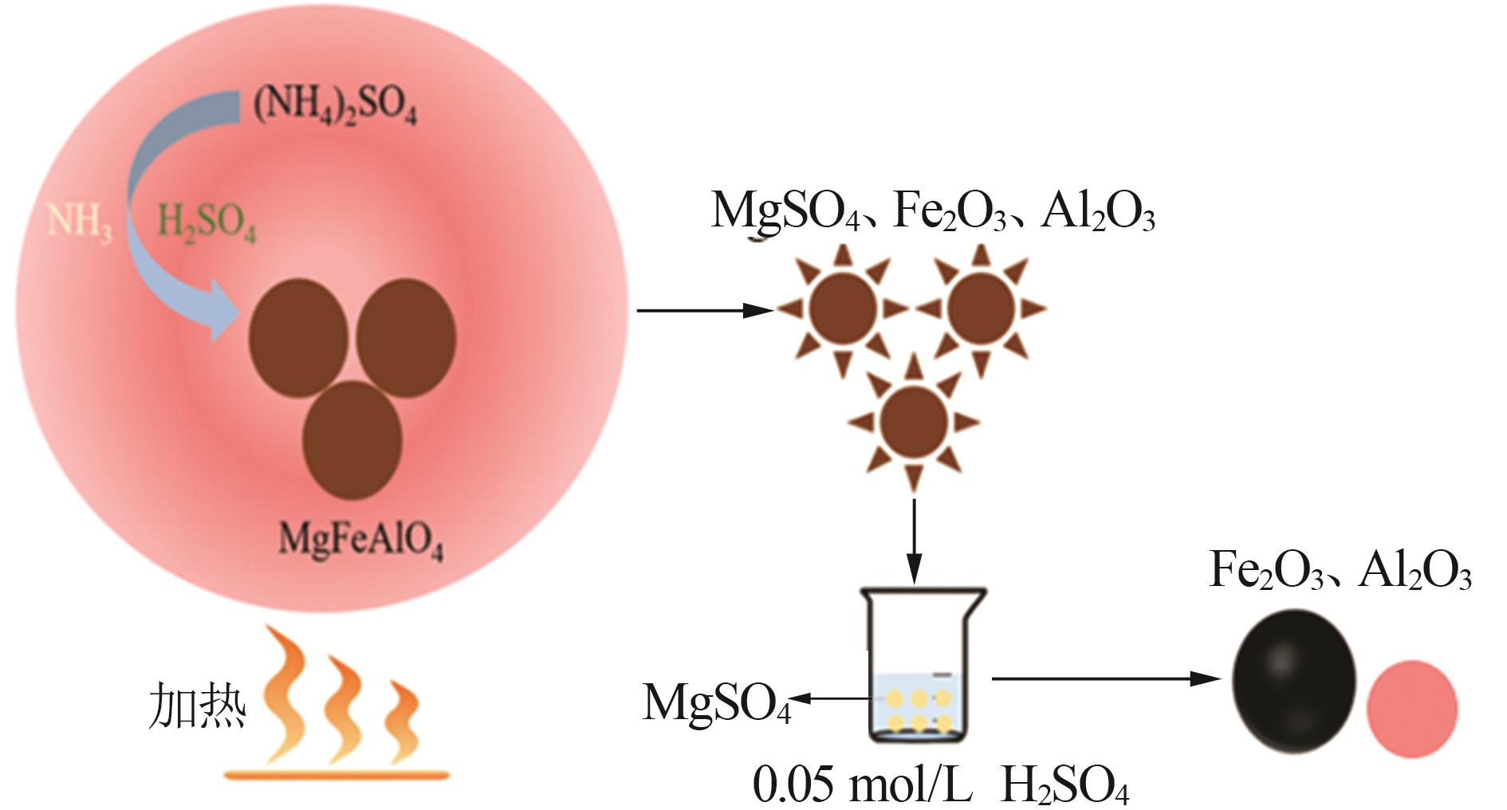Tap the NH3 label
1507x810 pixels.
coord(80,221)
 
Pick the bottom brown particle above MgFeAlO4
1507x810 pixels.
coord(353,441)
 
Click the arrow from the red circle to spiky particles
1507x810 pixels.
coord(705,310)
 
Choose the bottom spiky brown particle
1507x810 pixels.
coord(914,422)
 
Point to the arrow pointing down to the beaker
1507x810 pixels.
coord(914,542)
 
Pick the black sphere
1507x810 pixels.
coord(1293,682)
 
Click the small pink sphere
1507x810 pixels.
coord(1411,708)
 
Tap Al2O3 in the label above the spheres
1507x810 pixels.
coord(1415,571)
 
